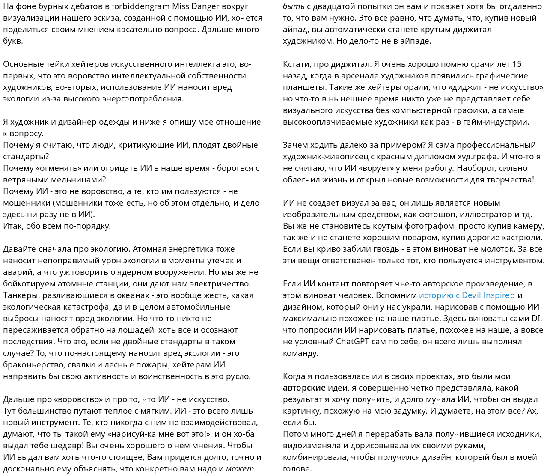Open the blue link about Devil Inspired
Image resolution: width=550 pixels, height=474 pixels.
pyautogui.click(x=467, y=295)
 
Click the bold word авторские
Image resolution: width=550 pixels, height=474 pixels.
pyautogui.click(x=304, y=388)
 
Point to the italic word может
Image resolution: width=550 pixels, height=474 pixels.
pyautogui.click(x=240, y=469)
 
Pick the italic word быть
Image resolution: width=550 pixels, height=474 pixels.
pyautogui.click(x=294, y=6)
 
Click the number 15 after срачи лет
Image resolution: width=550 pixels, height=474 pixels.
pyautogui.click(x=517, y=64)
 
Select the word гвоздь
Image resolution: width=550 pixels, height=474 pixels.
pyautogui.click(x=370, y=249)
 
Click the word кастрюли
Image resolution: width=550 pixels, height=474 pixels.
pyautogui.click(x=524, y=238)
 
